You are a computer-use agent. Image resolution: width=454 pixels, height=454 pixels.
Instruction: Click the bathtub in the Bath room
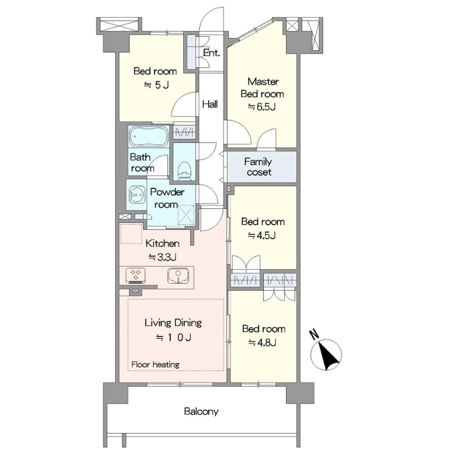click(149, 136)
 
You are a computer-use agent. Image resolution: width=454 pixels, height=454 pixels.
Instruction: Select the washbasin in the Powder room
click(137, 194)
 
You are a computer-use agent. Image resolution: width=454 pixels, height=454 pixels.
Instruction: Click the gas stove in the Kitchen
click(136, 275)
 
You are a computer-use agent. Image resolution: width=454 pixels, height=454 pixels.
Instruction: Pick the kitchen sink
click(178, 275)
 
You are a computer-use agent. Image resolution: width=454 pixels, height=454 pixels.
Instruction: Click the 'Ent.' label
click(211, 52)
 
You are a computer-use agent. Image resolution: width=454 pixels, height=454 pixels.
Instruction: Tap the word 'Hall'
click(210, 104)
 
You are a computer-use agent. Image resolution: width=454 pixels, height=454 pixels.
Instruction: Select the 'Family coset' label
click(258, 167)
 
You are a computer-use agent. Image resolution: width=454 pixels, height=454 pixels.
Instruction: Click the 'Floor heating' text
click(155, 364)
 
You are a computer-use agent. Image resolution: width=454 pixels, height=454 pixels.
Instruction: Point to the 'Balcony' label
click(201, 411)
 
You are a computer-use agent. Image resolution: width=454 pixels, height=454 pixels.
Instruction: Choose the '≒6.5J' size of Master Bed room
click(262, 107)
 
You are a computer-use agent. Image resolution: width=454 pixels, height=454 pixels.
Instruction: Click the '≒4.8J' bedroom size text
click(262, 343)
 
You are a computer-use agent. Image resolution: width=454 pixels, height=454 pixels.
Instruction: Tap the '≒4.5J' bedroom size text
click(262, 236)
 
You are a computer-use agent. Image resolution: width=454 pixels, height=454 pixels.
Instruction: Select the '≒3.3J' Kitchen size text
click(162, 257)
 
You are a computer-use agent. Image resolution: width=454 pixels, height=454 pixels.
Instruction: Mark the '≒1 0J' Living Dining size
click(174, 338)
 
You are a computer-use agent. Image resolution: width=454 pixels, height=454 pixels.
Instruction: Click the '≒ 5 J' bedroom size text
click(157, 85)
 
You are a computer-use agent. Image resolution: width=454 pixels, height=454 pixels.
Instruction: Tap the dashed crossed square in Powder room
click(186, 215)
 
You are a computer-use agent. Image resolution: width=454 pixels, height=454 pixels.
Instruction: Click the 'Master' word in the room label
click(263, 82)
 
